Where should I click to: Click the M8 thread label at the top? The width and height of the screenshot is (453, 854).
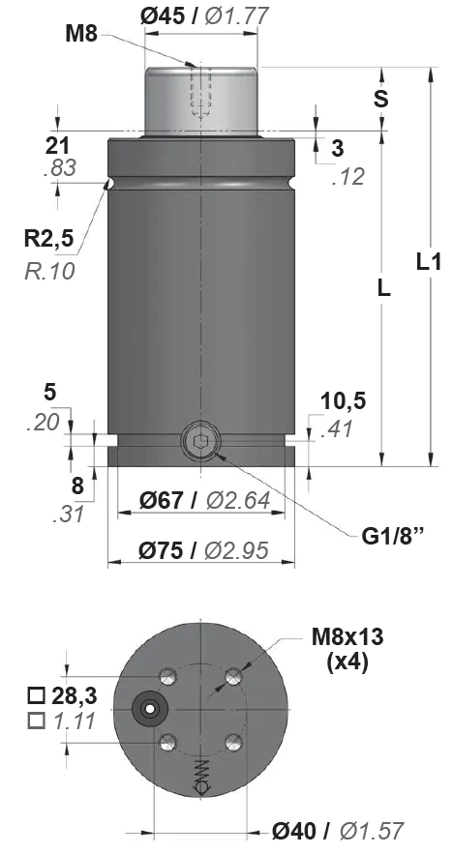pyautogui.click(x=81, y=34)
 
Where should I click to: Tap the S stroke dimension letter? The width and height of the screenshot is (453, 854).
pyautogui.click(x=381, y=99)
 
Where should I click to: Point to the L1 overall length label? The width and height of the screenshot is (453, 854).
pyautogui.click(x=429, y=262)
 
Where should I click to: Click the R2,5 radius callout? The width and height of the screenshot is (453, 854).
pyautogui.click(x=48, y=238)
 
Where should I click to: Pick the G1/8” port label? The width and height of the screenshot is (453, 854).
pyautogui.click(x=392, y=537)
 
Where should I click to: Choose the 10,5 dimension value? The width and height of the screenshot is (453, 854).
pyautogui.click(x=343, y=402)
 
